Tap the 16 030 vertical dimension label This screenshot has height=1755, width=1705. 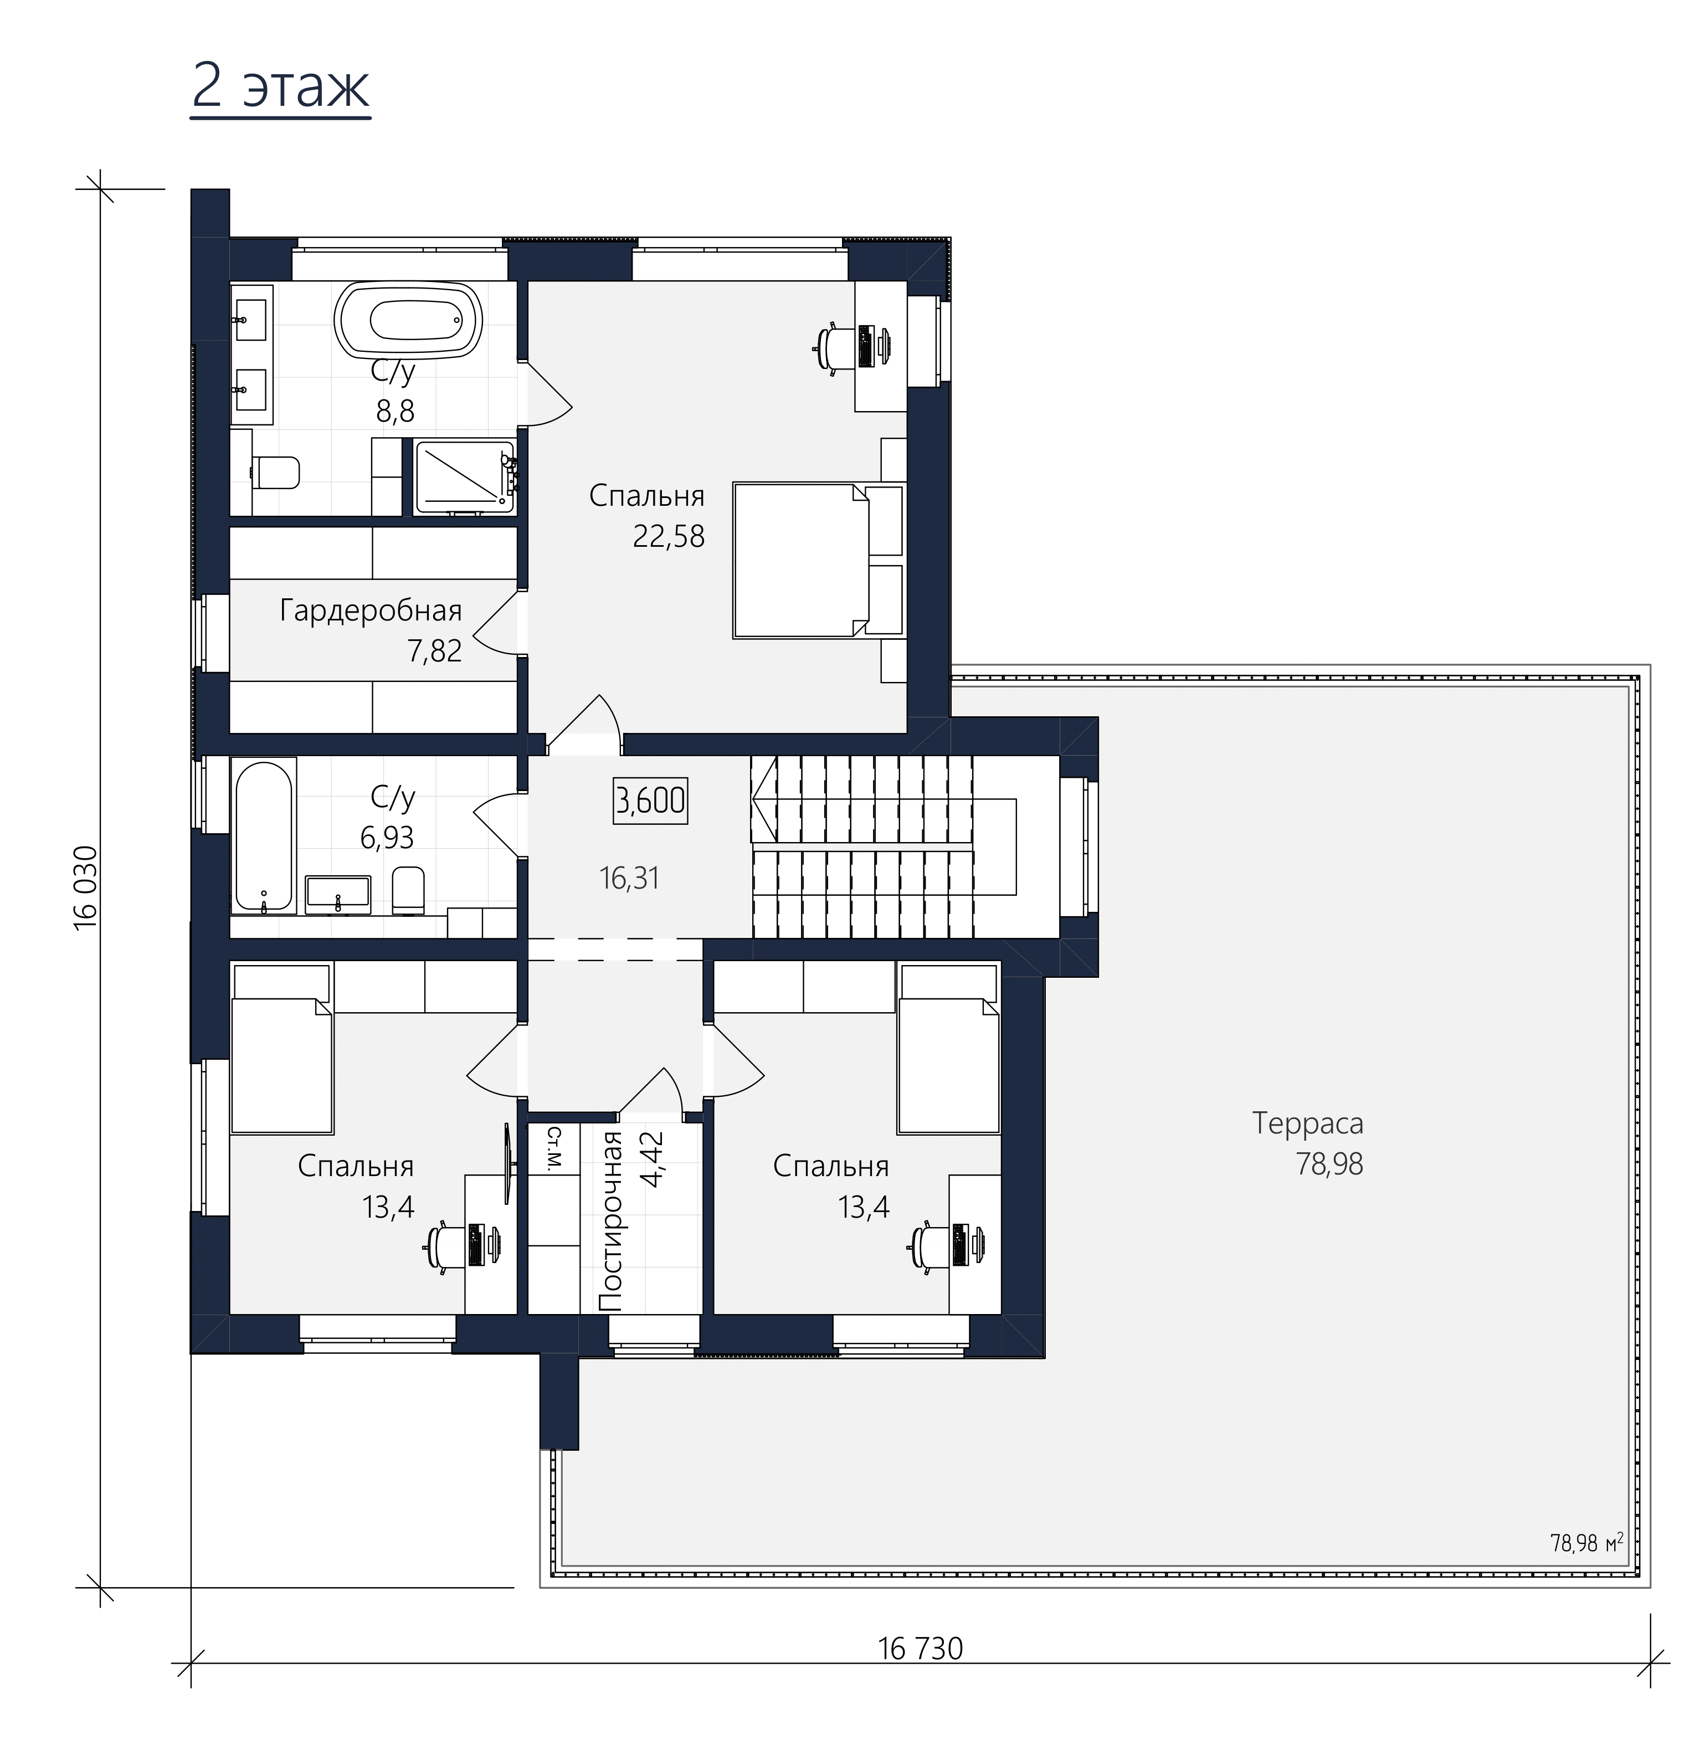[86, 887]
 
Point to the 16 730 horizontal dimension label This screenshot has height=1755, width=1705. [921, 1649]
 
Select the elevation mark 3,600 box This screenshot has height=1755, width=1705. [651, 799]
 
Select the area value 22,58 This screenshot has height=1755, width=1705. [669, 536]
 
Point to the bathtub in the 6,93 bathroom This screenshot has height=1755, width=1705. [263, 834]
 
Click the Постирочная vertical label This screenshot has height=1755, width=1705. [611, 1222]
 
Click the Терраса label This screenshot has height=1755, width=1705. [1307, 1123]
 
